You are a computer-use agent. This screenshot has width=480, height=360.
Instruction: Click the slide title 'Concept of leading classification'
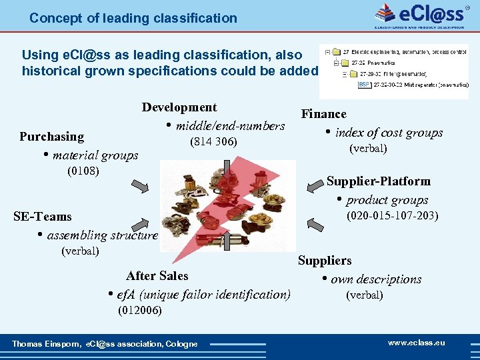(133, 18)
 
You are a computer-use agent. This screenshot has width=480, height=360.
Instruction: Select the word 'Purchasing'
(51, 137)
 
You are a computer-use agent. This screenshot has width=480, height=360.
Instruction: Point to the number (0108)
(83, 171)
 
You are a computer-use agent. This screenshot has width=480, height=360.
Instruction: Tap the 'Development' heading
(179, 107)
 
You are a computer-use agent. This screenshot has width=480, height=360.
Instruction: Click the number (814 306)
(213, 142)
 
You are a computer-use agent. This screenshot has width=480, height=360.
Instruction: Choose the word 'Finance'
(323, 114)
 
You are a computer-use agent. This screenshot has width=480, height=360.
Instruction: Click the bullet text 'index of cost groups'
(389, 133)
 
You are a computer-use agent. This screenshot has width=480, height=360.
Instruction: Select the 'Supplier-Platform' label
(378, 181)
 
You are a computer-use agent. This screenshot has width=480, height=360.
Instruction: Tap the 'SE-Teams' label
(43, 217)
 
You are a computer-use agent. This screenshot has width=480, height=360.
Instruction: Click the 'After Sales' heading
(157, 276)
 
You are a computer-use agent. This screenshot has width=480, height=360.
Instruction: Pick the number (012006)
(139, 310)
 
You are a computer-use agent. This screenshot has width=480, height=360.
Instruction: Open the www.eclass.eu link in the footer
(416, 343)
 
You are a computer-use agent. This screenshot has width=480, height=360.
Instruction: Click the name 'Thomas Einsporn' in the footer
(45, 344)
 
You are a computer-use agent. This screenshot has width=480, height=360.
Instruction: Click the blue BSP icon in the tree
(364, 85)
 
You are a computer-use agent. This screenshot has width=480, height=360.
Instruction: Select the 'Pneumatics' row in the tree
(379, 63)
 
